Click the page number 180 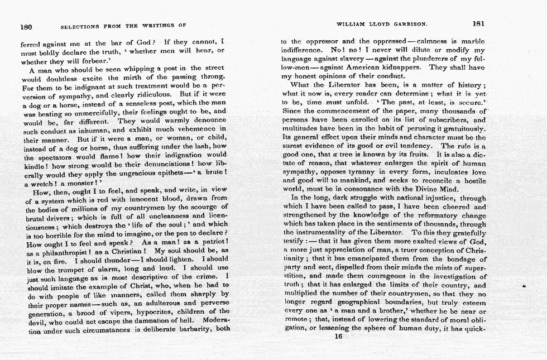point(25,25)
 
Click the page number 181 point(478,24)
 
